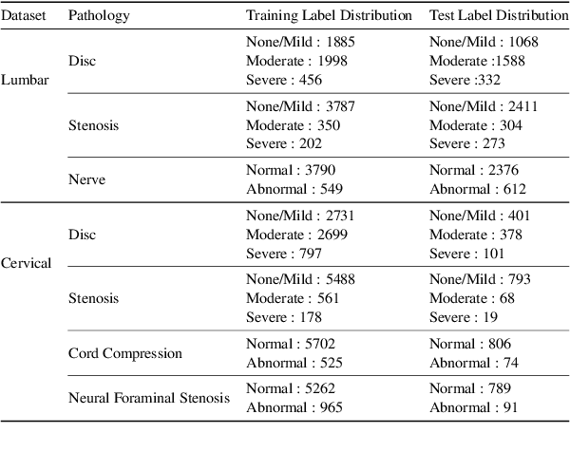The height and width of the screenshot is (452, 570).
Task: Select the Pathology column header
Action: click(x=100, y=16)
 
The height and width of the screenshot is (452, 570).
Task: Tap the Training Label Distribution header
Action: click(x=330, y=16)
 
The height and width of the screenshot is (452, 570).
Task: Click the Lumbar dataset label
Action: click(x=25, y=80)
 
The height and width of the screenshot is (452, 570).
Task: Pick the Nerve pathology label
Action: click(x=86, y=178)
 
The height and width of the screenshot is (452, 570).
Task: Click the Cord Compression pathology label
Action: click(x=124, y=353)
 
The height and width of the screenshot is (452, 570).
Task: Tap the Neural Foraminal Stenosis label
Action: click(x=149, y=398)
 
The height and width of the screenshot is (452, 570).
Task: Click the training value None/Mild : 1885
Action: click(x=294, y=42)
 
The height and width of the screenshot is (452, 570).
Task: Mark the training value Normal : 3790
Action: click(x=291, y=170)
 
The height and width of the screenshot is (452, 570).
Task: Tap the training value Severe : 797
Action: click(x=284, y=254)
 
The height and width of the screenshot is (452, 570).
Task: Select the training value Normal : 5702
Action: click(x=291, y=344)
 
